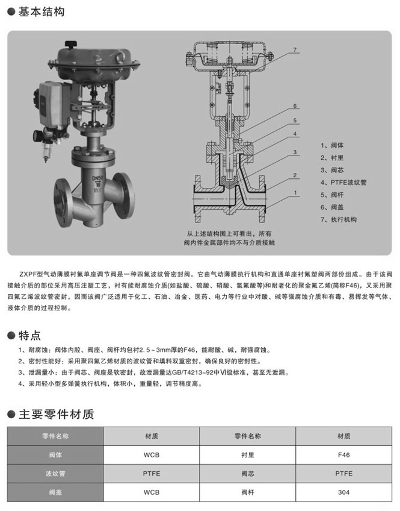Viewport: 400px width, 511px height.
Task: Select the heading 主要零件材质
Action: click(55, 415)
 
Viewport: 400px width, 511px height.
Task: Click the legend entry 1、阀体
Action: click(333, 145)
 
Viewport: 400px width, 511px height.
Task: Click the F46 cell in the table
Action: click(344, 455)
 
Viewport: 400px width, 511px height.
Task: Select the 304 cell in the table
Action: click(344, 492)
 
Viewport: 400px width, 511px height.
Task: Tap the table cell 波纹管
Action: click(55, 474)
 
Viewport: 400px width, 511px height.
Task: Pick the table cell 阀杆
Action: click(248, 492)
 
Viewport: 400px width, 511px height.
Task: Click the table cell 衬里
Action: click(248, 455)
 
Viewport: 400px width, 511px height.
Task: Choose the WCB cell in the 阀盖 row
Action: click(152, 492)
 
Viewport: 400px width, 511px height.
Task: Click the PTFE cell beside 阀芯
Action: click(344, 474)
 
